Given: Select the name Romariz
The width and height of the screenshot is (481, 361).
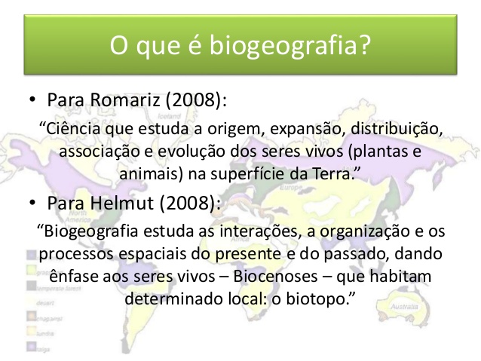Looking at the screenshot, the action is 125,99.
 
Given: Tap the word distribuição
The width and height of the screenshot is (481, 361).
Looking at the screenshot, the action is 397,129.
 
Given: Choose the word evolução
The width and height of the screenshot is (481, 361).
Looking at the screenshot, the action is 191,151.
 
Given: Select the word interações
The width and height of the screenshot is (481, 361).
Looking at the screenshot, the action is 259,231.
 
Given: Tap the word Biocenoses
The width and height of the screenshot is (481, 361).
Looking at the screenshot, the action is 275,276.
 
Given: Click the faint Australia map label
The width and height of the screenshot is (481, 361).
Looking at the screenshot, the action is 404,307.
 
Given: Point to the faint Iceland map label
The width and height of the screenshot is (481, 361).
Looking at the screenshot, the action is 170,116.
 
